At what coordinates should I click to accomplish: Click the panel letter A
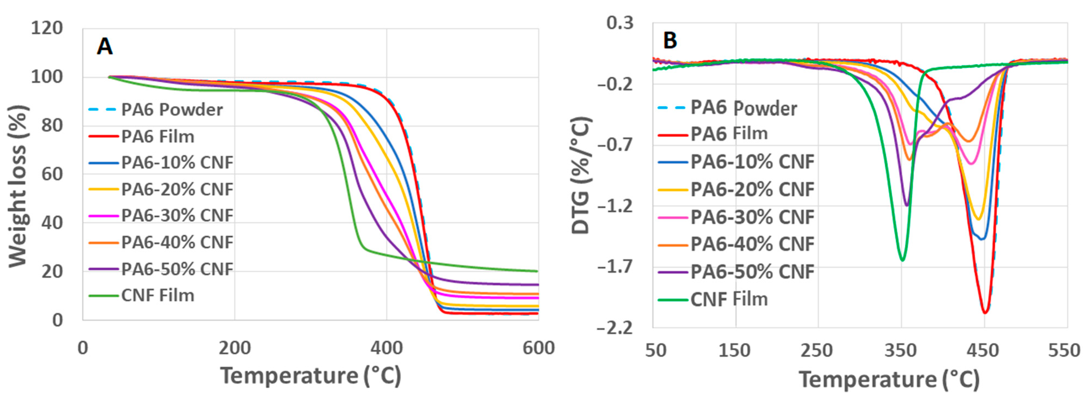(x=104, y=46)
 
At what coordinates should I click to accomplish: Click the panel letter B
(x=670, y=40)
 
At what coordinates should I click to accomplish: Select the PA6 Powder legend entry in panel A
(x=171, y=110)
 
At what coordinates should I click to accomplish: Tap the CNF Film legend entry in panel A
(x=157, y=295)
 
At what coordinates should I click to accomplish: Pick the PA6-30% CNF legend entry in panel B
(x=752, y=217)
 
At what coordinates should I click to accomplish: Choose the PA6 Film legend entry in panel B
(x=729, y=134)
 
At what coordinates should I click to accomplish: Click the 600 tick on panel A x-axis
(x=538, y=348)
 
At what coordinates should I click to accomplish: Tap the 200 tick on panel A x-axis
(x=234, y=348)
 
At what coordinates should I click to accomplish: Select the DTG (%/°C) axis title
(x=581, y=175)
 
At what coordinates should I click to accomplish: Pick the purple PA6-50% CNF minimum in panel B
(x=906, y=206)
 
